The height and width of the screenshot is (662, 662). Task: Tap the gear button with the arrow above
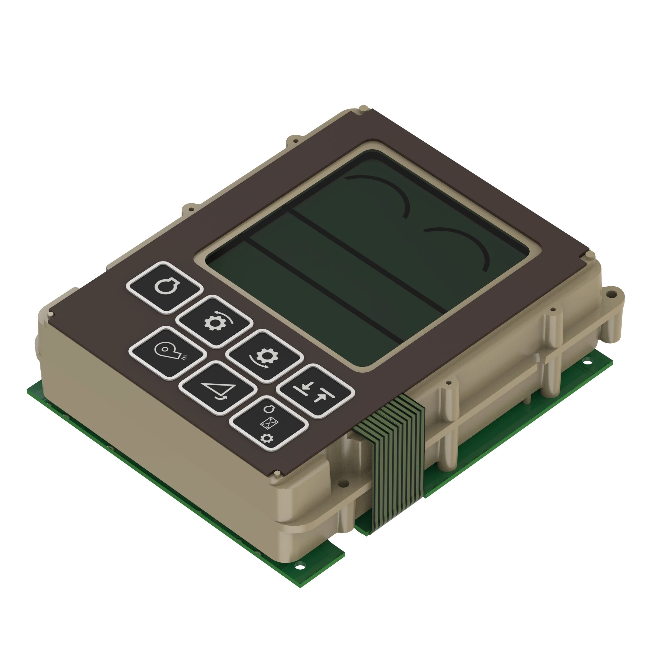(x=214, y=321)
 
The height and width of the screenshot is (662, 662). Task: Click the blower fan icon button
(x=167, y=353)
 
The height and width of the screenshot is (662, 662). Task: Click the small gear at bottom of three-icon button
(x=267, y=438)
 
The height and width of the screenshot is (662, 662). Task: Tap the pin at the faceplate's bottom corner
(x=276, y=474)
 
